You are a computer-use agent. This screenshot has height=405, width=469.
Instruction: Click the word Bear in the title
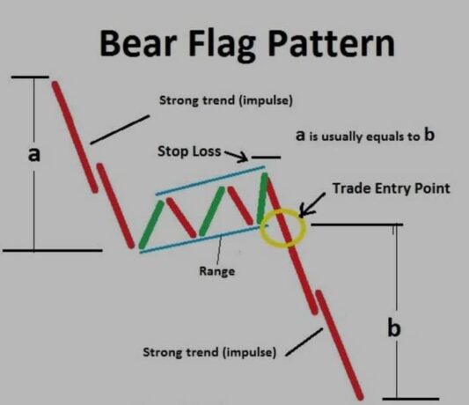pyautogui.click(x=138, y=42)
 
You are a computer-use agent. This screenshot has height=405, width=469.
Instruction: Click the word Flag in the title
pyautogui.click(x=224, y=45)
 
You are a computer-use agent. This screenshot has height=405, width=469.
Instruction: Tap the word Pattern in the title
pyautogui.click(x=332, y=42)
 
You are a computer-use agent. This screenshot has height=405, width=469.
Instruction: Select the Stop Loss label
pyautogui.click(x=189, y=151)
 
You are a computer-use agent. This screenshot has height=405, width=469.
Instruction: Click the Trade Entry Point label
pyautogui.click(x=392, y=188)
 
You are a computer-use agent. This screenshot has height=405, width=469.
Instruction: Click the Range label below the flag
pyautogui.click(x=216, y=271)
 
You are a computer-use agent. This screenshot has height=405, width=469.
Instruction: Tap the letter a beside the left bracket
pyautogui.click(x=33, y=155)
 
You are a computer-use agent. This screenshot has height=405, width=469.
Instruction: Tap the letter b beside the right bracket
pyautogui.click(x=394, y=328)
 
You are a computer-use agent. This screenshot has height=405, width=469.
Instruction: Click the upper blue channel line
pyautogui.click(x=210, y=180)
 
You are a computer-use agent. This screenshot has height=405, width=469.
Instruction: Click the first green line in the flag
pyautogui.click(x=151, y=225)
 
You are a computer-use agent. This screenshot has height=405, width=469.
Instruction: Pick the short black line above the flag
pyautogui.click(x=267, y=157)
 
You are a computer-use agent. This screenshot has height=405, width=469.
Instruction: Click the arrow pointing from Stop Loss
pyautogui.click(x=237, y=156)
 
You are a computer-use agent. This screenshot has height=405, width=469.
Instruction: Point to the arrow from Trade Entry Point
pyautogui.click(x=311, y=204)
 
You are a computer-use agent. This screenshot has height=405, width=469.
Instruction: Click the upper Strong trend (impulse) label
pyautogui.click(x=226, y=100)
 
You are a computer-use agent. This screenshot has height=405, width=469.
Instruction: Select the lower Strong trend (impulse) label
pyautogui.click(x=209, y=352)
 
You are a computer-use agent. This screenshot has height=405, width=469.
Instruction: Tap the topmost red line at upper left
pyautogui.click(x=75, y=136)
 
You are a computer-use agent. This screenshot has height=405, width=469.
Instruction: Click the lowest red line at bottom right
pyautogui.click(x=340, y=345)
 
